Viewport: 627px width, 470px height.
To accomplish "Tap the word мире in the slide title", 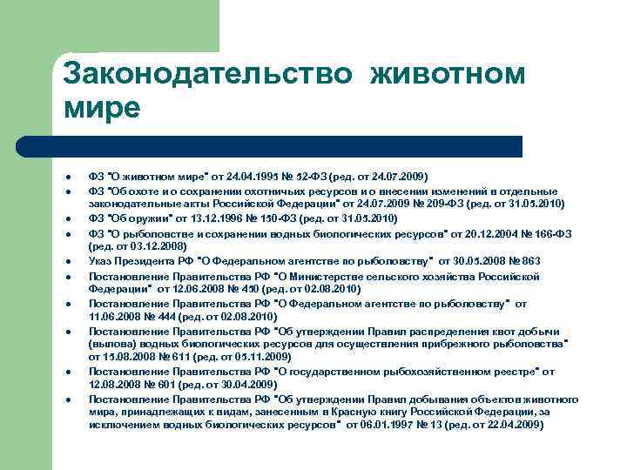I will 101,107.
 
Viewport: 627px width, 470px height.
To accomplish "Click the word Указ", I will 100,260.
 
